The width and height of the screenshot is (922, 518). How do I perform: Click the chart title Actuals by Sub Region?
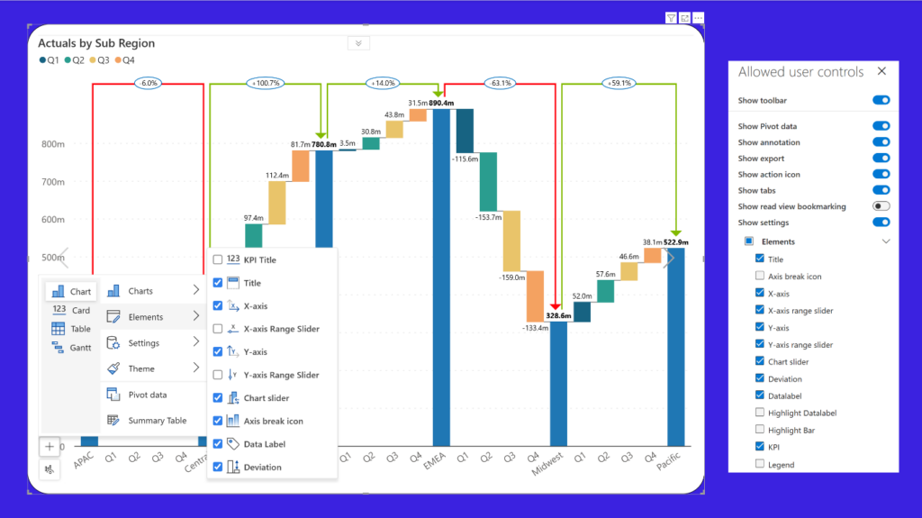coord(96,43)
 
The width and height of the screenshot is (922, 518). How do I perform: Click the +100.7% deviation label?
coord(266,83)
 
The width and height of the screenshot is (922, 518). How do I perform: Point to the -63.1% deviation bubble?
coord(501,83)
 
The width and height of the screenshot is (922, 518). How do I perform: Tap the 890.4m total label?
coord(441,103)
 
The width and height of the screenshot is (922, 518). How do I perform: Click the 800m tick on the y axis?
coord(53,144)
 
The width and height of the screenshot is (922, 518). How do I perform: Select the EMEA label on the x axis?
coord(435,460)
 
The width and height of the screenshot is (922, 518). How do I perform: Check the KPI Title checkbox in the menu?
coord(218,259)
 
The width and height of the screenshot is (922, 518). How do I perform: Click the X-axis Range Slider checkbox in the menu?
coord(218,329)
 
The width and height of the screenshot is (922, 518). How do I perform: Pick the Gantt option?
coord(72,348)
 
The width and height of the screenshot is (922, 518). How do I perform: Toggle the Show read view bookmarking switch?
coord(881,206)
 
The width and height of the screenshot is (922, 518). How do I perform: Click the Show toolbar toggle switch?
coord(881,100)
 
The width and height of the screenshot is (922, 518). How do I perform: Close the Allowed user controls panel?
coord(881,71)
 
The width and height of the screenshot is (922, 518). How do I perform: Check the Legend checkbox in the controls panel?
coord(760,464)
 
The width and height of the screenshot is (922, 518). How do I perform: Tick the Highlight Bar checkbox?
coord(760,430)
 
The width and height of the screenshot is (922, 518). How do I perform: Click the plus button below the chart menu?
coord(50,447)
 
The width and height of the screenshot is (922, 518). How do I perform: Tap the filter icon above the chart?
coord(671,18)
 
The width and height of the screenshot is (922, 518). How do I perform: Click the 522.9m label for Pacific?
coord(675,242)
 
